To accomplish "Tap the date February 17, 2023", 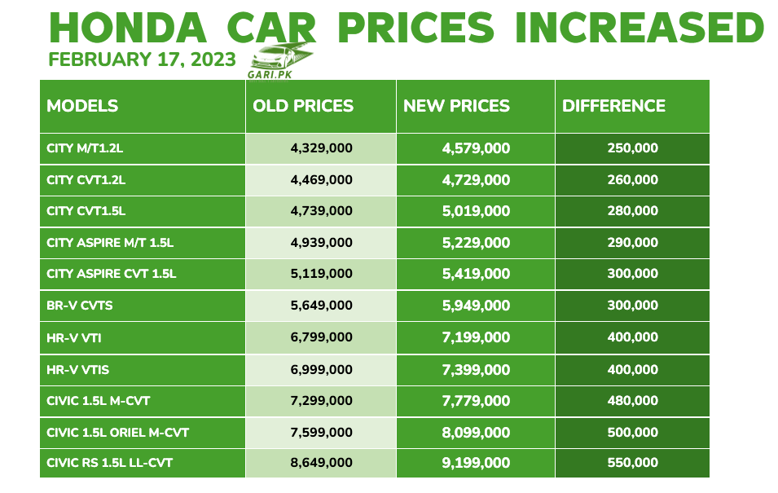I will (x=143, y=60).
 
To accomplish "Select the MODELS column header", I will (x=82, y=106).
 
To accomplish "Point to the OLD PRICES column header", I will (x=303, y=106).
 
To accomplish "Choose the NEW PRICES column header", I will (x=456, y=106).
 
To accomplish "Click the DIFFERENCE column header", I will (x=613, y=106).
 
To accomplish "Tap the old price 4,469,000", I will (x=321, y=179).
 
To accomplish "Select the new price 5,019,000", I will (x=476, y=211).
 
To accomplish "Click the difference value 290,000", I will (x=632, y=242).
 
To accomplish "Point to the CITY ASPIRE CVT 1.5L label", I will (x=112, y=274).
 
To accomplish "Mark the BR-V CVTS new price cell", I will (x=476, y=306).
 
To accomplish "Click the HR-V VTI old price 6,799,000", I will (x=321, y=337).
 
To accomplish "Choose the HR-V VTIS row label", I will (x=78, y=369).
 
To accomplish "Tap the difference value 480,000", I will (x=632, y=400).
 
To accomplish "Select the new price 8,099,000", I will (x=476, y=432).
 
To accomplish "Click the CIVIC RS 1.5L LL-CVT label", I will (x=109, y=463).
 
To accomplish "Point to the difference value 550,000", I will (x=632, y=463).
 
